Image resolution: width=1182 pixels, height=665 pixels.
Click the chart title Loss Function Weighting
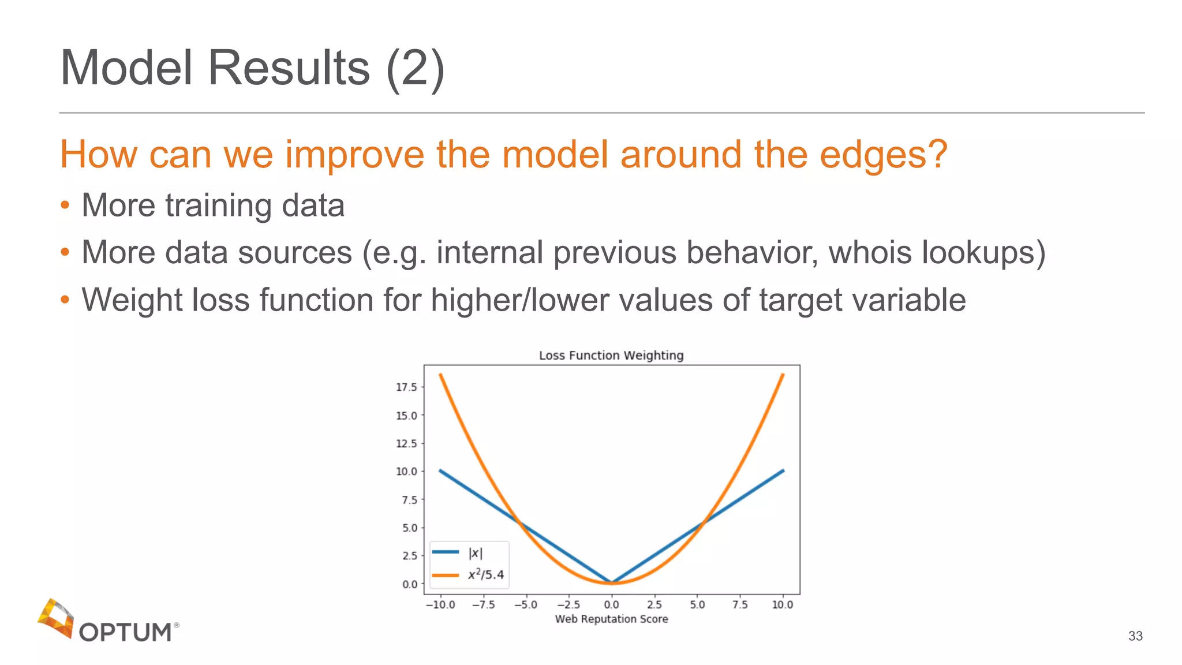click(x=611, y=355)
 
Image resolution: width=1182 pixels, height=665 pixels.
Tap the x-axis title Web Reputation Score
click(x=611, y=619)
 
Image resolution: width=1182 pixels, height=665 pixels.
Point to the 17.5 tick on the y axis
click(x=406, y=387)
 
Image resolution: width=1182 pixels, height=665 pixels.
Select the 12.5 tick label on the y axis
click(x=406, y=443)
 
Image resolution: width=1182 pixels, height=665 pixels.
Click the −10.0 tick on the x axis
click(x=440, y=604)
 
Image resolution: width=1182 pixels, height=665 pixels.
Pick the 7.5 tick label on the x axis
click(x=740, y=604)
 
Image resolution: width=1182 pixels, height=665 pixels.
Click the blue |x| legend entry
click(x=458, y=552)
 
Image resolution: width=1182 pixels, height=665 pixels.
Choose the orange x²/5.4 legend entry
click(x=469, y=574)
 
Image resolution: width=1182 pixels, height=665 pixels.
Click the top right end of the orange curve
click(x=783, y=375)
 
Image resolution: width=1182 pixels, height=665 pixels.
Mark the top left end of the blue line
click(x=440, y=470)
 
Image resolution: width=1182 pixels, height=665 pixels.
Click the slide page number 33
click(x=1135, y=636)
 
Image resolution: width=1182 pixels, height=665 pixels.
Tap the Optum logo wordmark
click(x=125, y=632)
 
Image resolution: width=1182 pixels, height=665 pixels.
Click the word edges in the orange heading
click(x=883, y=155)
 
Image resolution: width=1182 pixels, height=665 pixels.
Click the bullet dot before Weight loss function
click(x=65, y=299)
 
